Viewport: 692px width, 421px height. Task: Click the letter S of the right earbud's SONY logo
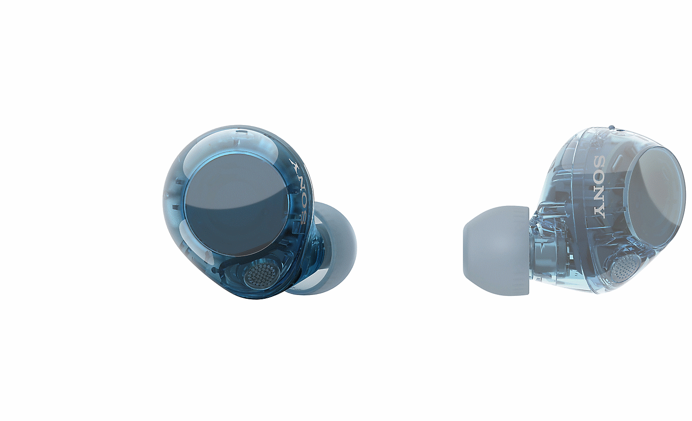click(x=601, y=163)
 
